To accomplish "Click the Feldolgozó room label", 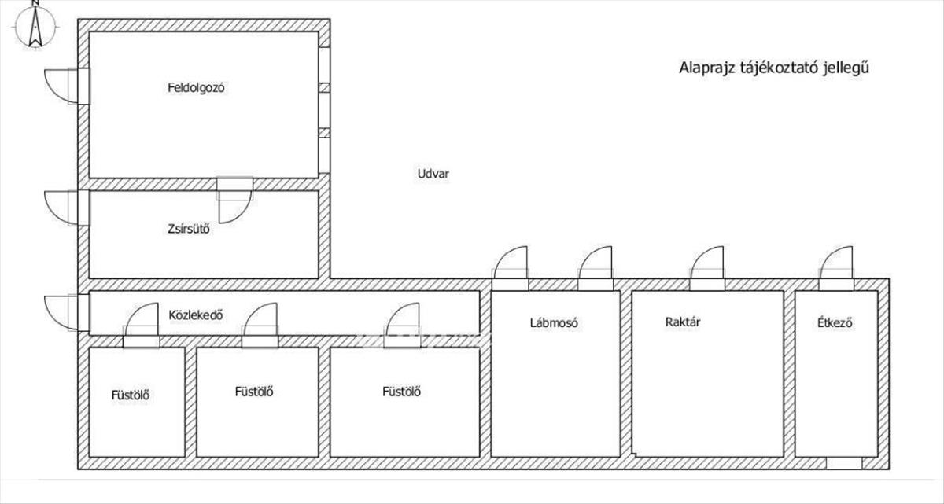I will coord(197,88).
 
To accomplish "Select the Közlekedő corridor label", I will coord(196,316).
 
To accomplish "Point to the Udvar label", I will coord(433,174).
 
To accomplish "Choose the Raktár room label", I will coord(683,322).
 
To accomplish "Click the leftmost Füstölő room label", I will coord(131,395).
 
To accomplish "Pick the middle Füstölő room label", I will coord(254,392).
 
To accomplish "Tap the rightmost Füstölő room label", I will coord(401,392).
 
